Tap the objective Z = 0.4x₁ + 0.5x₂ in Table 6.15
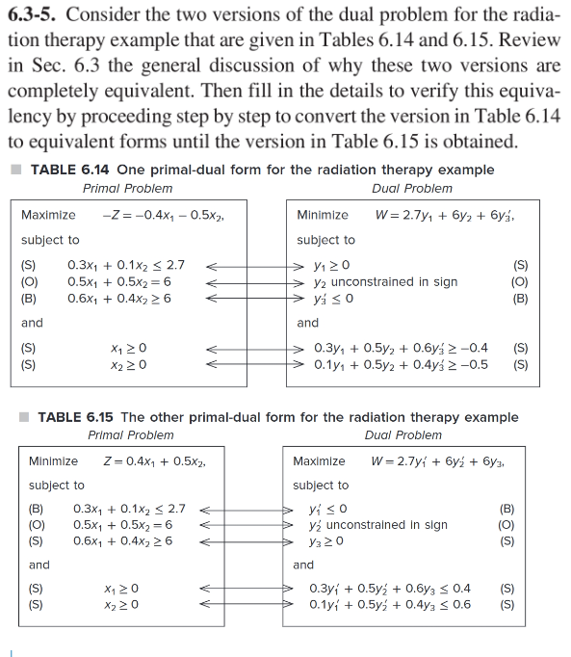click(x=152, y=460)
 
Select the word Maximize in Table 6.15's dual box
click(x=320, y=460)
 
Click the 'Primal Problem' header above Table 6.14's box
click(x=128, y=188)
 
